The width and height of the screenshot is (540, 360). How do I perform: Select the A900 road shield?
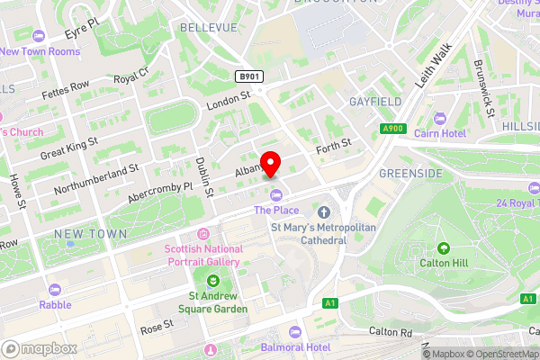click(x=391, y=129)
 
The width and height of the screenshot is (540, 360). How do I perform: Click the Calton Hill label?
click(x=443, y=264)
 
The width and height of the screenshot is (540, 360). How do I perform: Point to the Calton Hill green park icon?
click(x=443, y=247)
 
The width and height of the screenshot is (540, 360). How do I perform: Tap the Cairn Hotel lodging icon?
click(x=440, y=119)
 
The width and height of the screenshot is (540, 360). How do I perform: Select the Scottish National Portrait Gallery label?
click(x=202, y=256)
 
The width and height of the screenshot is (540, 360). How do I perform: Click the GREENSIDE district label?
click(x=409, y=172)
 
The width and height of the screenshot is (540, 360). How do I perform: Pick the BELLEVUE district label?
click(x=208, y=28)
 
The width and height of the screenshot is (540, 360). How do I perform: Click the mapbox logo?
click(x=38, y=347)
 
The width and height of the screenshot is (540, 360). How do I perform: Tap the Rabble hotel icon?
click(x=54, y=289)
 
